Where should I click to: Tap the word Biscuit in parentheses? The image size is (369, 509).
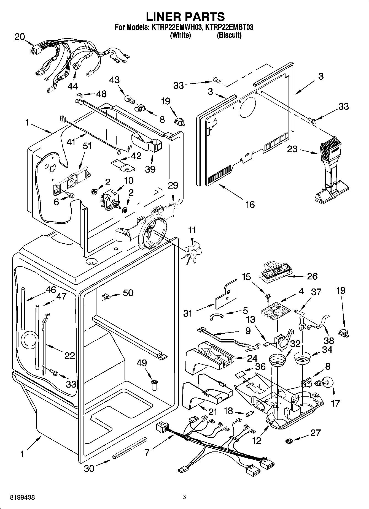click(x=229, y=35)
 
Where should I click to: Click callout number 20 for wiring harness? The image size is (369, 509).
click(x=20, y=37)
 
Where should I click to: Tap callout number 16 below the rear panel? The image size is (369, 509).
click(x=250, y=204)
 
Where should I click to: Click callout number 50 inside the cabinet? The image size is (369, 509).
click(x=128, y=293)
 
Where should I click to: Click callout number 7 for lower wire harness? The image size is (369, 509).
click(x=147, y=452)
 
